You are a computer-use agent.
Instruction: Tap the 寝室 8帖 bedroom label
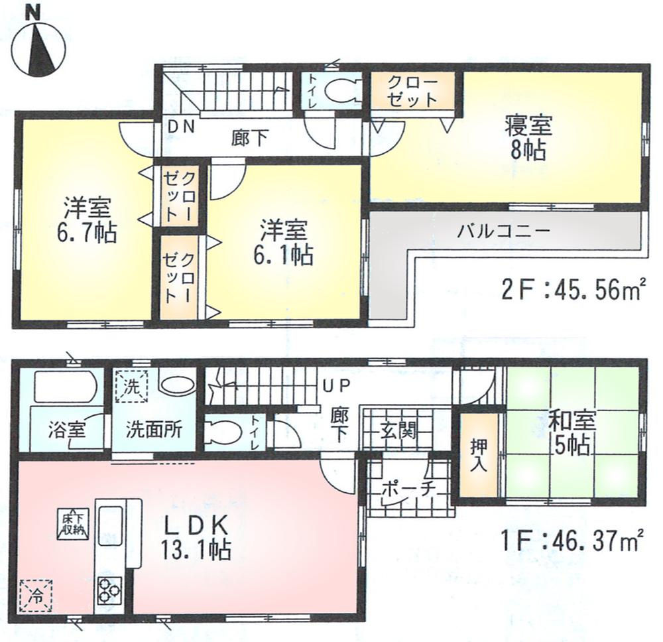528,137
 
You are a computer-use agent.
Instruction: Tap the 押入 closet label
479,454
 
